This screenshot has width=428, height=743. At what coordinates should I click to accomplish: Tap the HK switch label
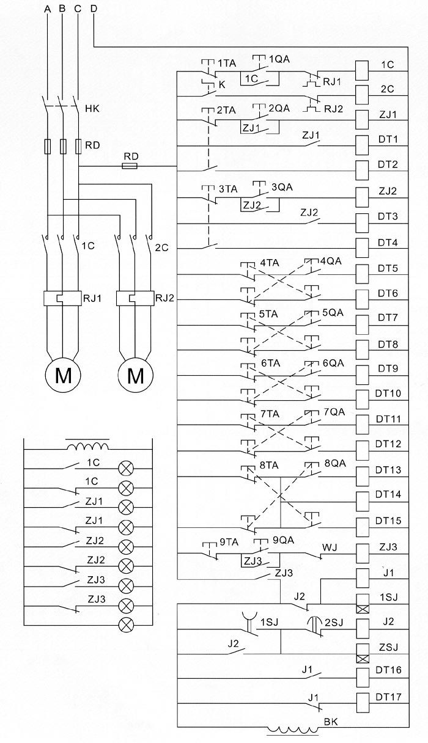coord(92,109)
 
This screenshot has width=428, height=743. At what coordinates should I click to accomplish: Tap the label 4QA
coord(331,261)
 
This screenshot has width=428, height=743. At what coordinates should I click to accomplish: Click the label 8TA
coord(269,465)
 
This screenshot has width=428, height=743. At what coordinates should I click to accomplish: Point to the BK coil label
coord(331,722)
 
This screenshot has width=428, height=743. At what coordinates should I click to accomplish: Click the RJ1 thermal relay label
coord(92,298)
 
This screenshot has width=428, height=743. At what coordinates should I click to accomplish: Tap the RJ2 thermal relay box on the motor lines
coord(135,298)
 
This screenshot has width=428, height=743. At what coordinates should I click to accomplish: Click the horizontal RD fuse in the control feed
coord(130,166)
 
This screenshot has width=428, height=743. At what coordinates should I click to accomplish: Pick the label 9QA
coord(283,540)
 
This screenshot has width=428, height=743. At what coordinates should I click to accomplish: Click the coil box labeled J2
coord(361,627)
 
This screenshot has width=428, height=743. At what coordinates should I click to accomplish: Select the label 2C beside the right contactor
coord(161,247)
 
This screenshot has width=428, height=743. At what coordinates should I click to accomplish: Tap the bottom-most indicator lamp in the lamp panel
coord(126,624)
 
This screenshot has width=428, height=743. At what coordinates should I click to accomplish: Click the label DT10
coord(388,393)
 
